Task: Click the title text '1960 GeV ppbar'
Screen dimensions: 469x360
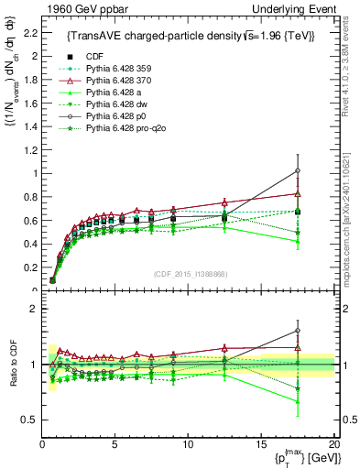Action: click(x=72, y=8)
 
